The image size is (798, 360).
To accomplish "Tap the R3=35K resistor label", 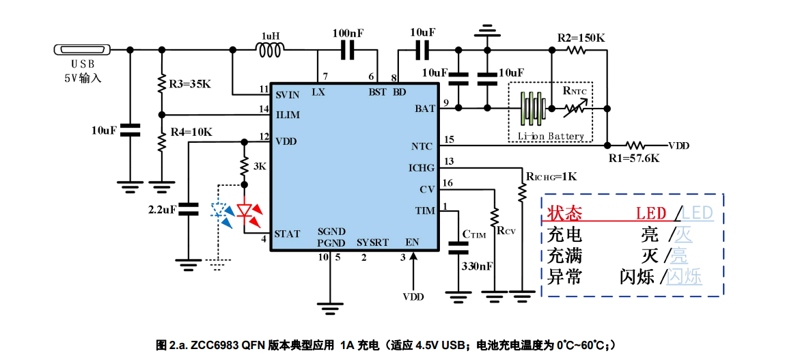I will point(190,85).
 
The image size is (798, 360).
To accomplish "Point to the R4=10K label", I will point(191,132).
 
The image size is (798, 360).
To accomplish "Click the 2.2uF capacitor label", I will point(161,208).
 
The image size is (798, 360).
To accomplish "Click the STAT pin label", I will point(287,234).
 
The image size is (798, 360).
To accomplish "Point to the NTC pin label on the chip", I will point(422,146).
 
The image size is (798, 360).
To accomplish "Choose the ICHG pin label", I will point(421,167).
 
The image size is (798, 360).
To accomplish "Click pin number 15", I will point(449,140).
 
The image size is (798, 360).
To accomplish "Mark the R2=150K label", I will point(581,38).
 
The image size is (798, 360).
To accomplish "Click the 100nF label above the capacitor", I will point(348,33).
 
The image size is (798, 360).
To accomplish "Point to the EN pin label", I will point(412,243).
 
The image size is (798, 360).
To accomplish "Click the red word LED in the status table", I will point(651,213).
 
